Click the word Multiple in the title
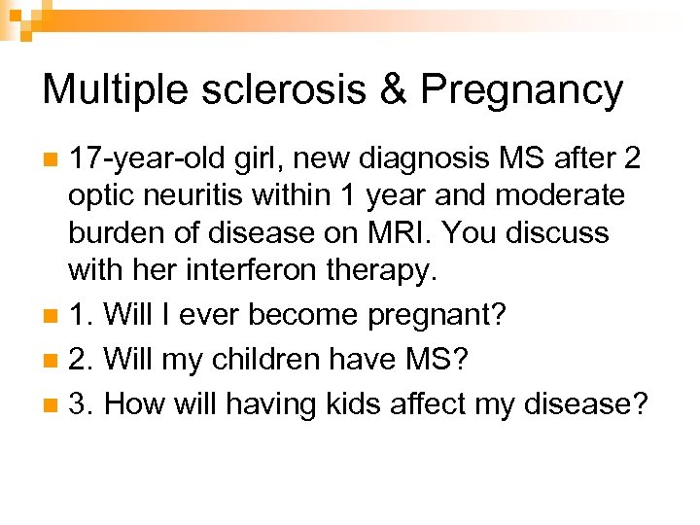(x=106, y=89)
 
